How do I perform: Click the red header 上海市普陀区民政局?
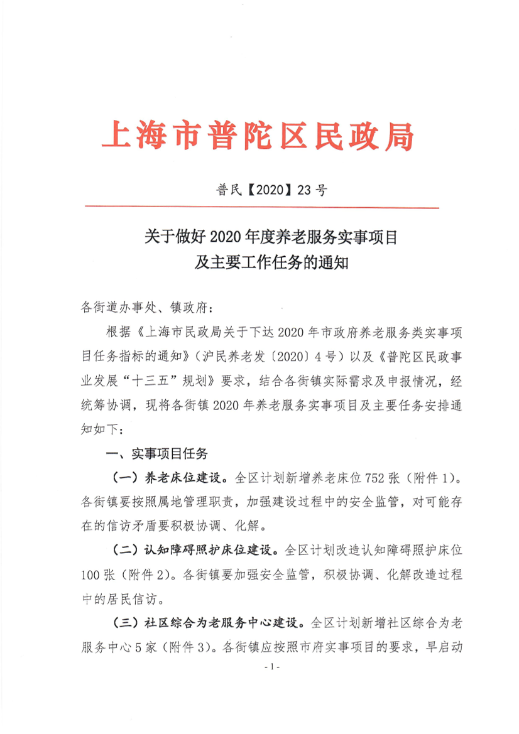pos(258,136)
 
